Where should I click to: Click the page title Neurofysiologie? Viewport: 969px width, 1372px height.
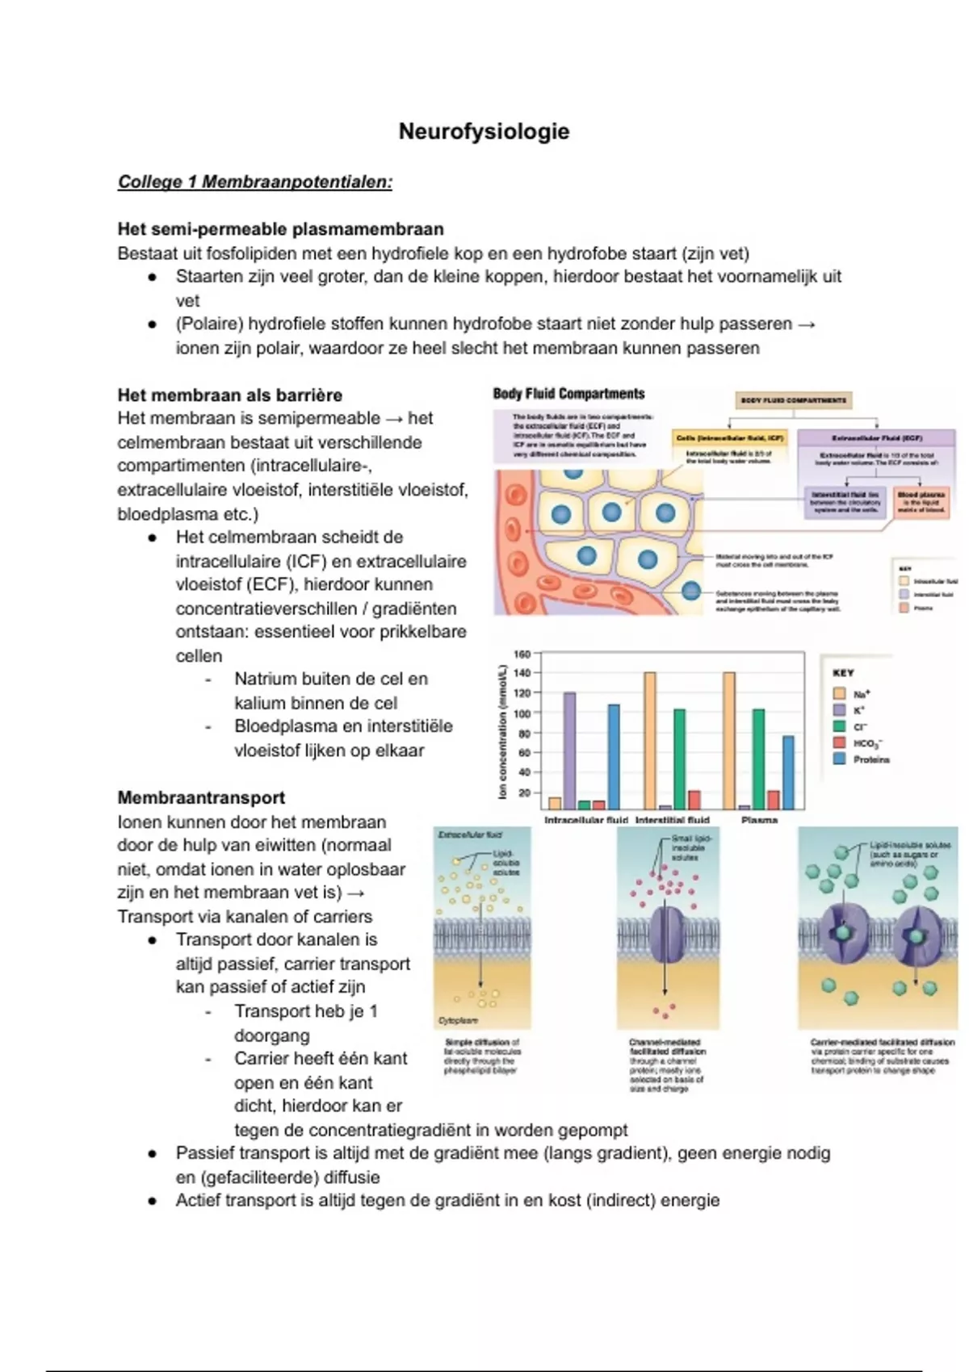point(484,132)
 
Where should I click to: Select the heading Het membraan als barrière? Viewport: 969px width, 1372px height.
point(229,395)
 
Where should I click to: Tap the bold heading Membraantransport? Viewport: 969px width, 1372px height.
point(201,798)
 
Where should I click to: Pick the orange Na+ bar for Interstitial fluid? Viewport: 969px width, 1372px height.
point(649,739)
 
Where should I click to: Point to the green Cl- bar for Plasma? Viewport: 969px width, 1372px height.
point(758,758)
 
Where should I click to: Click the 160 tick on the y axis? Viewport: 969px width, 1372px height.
point(522,654)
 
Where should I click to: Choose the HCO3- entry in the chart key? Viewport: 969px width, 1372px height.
point(868,743)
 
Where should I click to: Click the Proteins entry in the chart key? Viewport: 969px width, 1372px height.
point(870,759)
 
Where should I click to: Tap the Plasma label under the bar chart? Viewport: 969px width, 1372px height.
point(759,820)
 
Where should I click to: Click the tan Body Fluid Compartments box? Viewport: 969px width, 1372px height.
point(794,400)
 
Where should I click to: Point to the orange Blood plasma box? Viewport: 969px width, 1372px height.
point(921,501)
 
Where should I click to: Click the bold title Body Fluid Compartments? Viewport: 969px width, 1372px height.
point(568,394)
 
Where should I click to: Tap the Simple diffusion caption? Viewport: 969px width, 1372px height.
point(482,1056)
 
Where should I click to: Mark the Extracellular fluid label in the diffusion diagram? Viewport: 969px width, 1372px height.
point(469,835)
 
